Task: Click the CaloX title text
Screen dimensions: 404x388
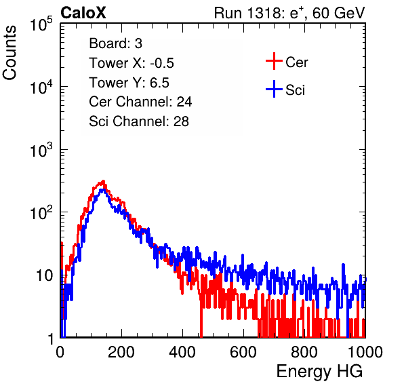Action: (x=83, y=13)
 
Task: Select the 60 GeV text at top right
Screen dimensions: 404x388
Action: (x=338, y=13)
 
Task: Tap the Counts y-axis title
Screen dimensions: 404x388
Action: (x=9, y=53)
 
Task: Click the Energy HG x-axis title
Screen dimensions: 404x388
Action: (x=319, y=372)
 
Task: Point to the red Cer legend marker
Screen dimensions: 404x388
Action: (x=274, y=61)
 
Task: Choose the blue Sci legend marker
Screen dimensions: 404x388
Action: (x=274, y=89)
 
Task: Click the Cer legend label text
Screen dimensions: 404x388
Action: (x=296, y=62)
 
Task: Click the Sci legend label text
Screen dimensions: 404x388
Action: (x=296, y=90)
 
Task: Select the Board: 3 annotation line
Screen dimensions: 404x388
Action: (x=115, y=43)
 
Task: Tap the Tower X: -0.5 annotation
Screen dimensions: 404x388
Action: (x=132, y=63)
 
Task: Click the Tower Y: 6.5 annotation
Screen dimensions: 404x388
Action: (x=129, y=83)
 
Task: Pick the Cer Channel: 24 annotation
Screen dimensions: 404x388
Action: (x=140, y=102)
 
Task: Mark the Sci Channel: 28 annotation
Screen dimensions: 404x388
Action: (x=139, y=121)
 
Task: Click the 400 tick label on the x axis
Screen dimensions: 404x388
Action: (x=182, y=352)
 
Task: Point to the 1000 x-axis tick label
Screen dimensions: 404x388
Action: (x=365, y=352)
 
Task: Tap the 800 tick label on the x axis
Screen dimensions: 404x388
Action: (x=304, y=352)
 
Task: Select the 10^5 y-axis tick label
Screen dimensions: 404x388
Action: (x=41, y=24)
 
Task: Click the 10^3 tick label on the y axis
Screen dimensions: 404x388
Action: (x=41, y=151)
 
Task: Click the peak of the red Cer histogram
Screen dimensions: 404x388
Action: (x=103, y=181)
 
